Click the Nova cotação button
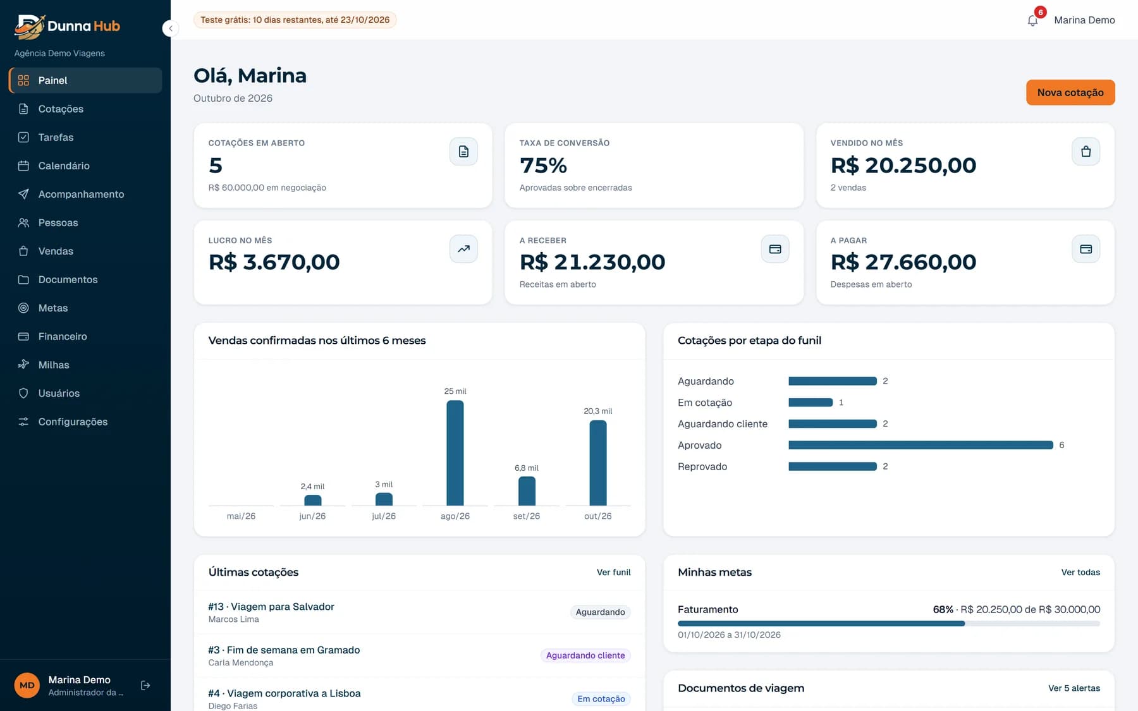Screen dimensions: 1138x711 coord(1070,92)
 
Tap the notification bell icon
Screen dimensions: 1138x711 coord(1032,20)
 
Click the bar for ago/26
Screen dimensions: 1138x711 coord(455,453)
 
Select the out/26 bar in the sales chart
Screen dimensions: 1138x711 coord(597,463)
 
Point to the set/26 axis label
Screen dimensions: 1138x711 coord(526,516)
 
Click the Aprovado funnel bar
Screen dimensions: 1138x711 coord(921,445)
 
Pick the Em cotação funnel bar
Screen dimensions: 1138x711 coord(811,403)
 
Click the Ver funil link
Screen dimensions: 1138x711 coord(613,572)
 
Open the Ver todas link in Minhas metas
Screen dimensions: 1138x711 coord(1080,572)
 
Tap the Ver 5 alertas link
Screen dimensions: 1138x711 coord(1074,688)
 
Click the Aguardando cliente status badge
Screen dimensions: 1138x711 coord(585,655)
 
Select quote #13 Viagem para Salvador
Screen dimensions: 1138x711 coord(271,606)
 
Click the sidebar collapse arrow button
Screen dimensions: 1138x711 coord(170,28)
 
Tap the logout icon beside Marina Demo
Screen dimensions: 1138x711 coord(145,685)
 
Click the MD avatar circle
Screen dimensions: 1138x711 coord(27,685)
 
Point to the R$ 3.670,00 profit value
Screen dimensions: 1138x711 coord(274,262)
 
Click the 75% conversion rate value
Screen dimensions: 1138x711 coord(543,166)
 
